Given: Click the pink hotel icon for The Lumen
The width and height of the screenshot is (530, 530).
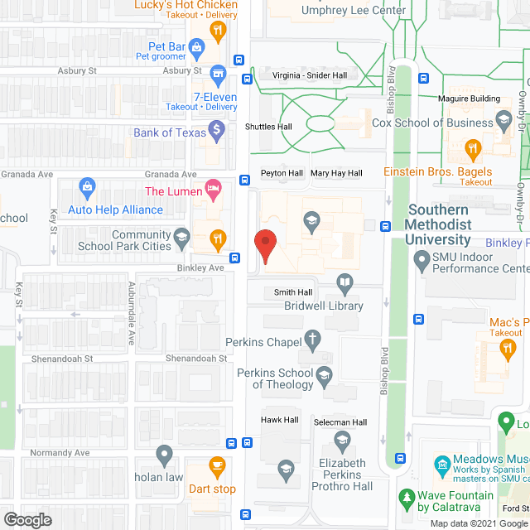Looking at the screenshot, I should click(x=212, y=190).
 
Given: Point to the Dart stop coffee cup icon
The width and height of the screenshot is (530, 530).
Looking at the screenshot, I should click(x=217, y=466).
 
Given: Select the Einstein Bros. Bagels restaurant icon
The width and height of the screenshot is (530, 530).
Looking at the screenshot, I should click(x=473, y=150).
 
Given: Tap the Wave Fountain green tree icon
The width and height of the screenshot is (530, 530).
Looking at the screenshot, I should click(x=406, y=499).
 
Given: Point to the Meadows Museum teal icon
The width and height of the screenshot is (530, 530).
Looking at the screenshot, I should click(x=441, y=461).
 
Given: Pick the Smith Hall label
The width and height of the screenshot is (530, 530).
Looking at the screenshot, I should click(x=293, y=293).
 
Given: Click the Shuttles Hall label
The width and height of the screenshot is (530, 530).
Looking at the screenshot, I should click(x=269, y=127).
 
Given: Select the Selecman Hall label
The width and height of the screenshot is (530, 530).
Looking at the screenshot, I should click(x=341, y=423).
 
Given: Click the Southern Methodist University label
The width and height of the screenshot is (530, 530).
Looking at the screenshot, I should click(x=439, y=224).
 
